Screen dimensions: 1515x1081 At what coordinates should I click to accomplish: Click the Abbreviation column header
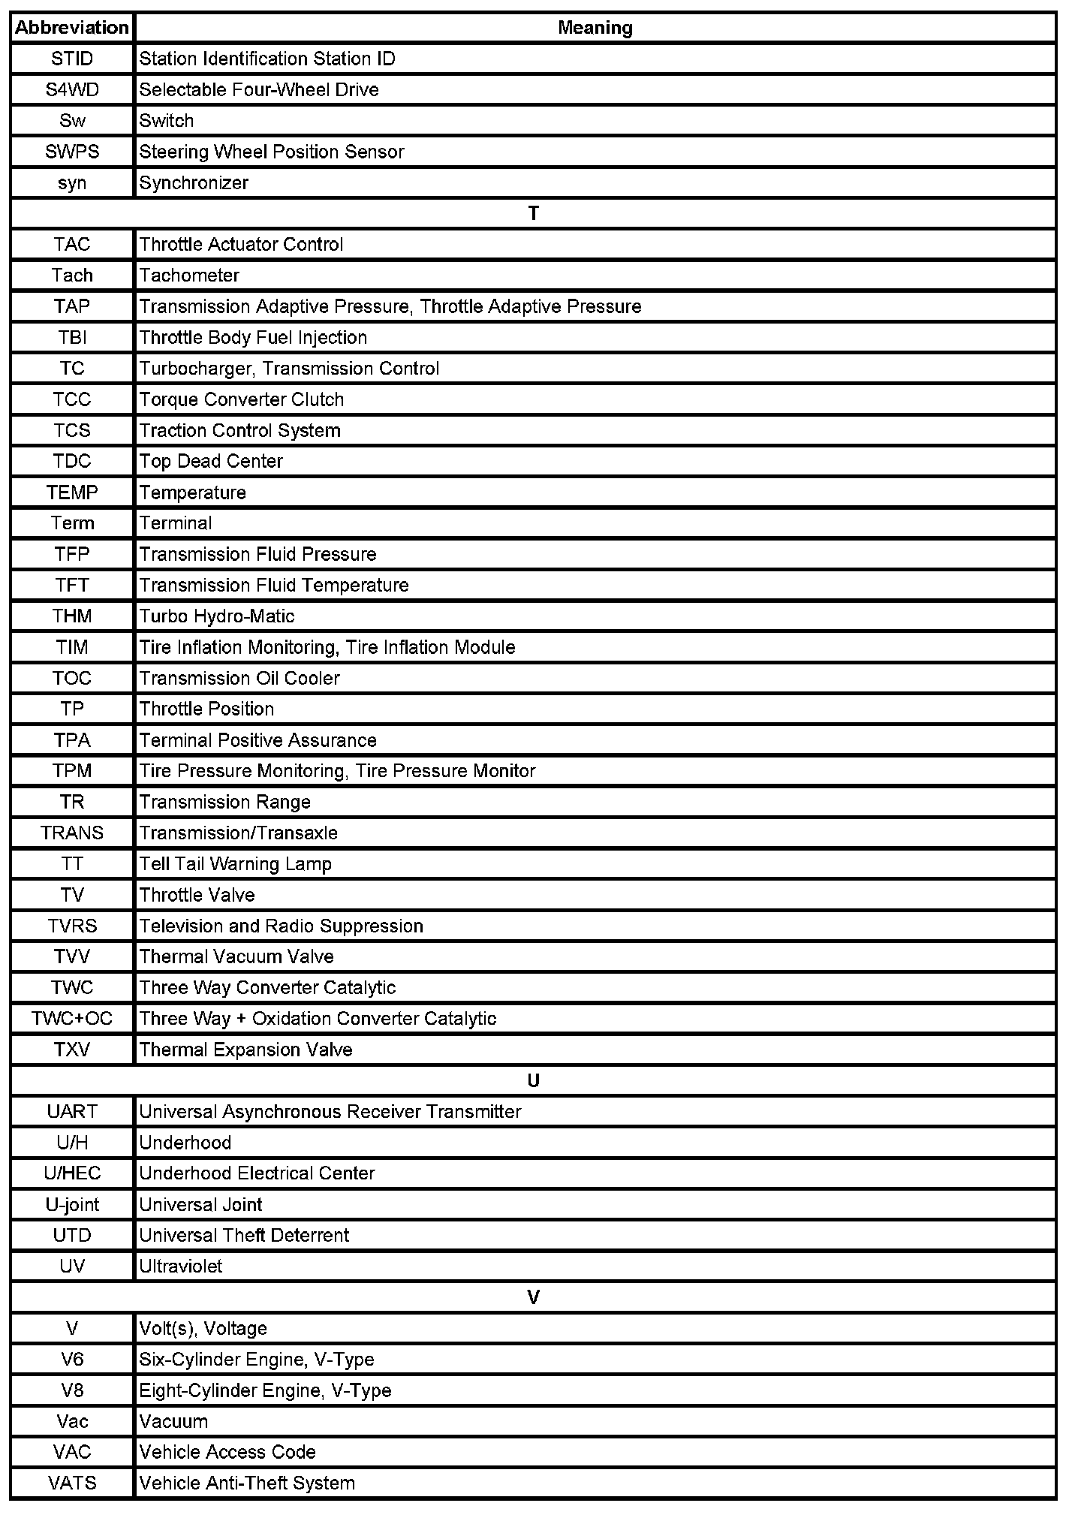72,28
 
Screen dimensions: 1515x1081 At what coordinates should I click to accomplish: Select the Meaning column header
595,28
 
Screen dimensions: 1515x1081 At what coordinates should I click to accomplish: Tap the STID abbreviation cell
72,59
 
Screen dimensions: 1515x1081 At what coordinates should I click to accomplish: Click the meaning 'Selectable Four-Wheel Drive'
259,90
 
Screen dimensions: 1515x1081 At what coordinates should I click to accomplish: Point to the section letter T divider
533,214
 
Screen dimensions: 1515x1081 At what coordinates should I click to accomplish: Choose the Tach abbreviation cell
72,276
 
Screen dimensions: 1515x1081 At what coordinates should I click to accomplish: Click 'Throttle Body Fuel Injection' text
253,338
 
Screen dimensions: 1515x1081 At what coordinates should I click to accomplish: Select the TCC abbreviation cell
72,399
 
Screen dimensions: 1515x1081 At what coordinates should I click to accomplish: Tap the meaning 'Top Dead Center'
211,461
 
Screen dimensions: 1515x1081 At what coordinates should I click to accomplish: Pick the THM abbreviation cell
72,616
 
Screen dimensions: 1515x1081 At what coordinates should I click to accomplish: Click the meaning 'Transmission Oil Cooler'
239,679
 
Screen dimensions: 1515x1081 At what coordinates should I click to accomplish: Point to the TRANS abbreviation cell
72,833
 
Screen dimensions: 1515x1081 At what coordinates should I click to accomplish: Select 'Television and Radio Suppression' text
281,926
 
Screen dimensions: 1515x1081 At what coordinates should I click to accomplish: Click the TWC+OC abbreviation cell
72,1019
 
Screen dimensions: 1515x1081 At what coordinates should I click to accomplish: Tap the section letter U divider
533,1081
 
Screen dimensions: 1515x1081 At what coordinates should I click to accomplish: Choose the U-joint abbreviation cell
72,1205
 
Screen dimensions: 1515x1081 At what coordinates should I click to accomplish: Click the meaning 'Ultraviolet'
181,1267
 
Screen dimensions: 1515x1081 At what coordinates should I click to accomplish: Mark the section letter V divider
533,1298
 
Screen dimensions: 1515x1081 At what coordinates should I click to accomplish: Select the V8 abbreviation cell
72,1390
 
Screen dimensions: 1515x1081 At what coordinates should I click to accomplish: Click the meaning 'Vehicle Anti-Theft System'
247,1483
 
